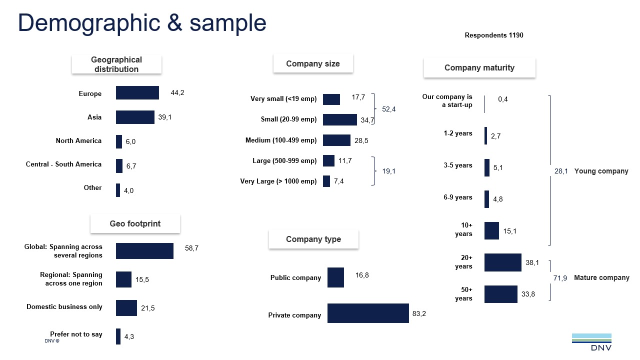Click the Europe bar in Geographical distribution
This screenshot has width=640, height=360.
click(137, 93)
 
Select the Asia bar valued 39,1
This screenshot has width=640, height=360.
click(135, 117)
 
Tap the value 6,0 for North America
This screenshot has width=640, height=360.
click(130, 142)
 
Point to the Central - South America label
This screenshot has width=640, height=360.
click(63, 164)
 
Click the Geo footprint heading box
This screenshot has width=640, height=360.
click(135, 224)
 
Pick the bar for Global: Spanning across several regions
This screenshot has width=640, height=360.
click(144, 251)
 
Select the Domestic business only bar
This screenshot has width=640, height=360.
click(126, 308)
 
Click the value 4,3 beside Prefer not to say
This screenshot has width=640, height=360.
click(129, 337)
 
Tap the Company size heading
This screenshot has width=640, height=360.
click(313, 64)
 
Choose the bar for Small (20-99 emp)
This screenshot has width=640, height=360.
click(339, 119)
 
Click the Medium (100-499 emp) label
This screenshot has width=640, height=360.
click(281, 140)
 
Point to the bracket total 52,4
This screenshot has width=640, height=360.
click(388, 109)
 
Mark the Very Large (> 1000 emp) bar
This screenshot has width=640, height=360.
click(326, 181)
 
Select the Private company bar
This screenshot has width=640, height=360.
click(368, 313)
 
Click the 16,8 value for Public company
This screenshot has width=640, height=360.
click(362, 275)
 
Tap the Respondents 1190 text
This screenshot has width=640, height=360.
click(494, 35)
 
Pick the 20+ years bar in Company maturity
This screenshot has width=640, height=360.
click(502, 262)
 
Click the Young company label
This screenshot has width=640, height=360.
click(601, 171)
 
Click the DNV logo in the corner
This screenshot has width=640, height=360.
click(591, 342)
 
